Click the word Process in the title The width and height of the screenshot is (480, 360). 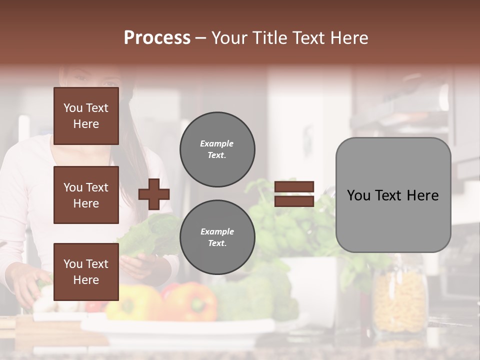(157, 37)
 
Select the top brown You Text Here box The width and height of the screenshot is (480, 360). (86, 116)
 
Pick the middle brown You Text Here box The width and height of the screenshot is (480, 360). (86, 195)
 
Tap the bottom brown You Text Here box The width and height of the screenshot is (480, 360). (86, 271)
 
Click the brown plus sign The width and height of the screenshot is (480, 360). (154, 194)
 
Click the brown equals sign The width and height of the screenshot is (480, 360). (294, 194)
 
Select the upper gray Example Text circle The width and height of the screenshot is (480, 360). (217, 149)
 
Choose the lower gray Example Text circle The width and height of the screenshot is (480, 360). (217, 237)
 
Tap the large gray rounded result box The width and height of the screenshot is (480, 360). (393, 195)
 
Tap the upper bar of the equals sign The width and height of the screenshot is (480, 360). (294, 187)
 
